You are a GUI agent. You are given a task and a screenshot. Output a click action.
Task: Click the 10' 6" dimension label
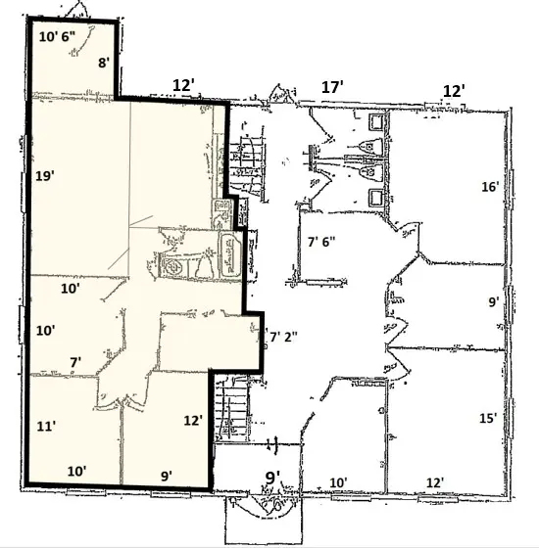pyautogui.click(x=57, y=37)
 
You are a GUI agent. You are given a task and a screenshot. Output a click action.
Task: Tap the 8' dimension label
pyautogui.click(x=104, y=63)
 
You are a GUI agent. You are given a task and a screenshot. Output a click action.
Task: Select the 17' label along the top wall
pyautogui.click(x=332, y=87)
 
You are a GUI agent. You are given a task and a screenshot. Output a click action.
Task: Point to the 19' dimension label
pyautogui.click(x=45, y=176)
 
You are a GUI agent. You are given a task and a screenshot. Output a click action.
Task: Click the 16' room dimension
pyautogui.click(x=490, y=187)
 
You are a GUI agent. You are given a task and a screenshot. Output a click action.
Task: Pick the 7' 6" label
pyautogui.click(x=321, y=242)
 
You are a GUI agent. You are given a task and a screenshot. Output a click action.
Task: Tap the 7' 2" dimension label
pyautogui.click(x=283, y=338)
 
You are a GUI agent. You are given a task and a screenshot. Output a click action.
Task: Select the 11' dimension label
pyautogui.click(x=46, y=427)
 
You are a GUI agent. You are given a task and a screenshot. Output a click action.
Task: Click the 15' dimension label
pyautogui.click(x=488, y=419)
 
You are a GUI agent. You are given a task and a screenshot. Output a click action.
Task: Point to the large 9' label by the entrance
pyautogui.click(x=272, y=478)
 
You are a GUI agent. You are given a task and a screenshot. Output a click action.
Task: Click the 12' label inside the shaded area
pyautogui.click(x=193, y=421)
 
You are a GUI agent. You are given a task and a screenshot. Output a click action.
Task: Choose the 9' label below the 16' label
pyautogui.click(x=494, y=302)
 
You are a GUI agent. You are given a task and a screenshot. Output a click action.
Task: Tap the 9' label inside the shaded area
pyautogui.click(x=167, y=476)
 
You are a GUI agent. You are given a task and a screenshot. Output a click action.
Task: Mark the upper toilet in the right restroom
pyautogui.click(x=371, y=145)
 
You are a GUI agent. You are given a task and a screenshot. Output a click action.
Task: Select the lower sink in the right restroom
pyautogui.click(x=376, y=197)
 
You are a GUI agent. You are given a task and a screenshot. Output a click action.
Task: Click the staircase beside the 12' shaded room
pyautogui.click(x=231, y=408)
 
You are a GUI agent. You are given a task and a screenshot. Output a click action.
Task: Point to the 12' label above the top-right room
pyautogui.click(x=454, y=91)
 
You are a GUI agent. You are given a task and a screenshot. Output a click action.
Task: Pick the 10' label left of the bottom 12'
pyautogui.click(x=338, y=483)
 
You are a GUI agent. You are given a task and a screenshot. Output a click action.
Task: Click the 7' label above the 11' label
pyautogui.click(x=75, y=362)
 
